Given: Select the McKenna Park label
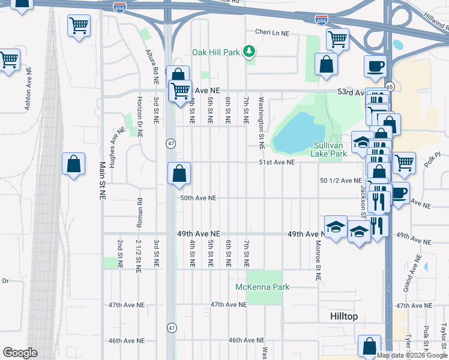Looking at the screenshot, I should click(262, 287).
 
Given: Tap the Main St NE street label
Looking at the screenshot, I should click(103, 180).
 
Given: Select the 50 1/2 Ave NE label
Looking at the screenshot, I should click(341, 180).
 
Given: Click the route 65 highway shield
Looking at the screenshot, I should click(389, 86).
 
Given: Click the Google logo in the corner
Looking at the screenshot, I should click(19, 352).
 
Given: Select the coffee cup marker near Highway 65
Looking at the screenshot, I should click(376, 65).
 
